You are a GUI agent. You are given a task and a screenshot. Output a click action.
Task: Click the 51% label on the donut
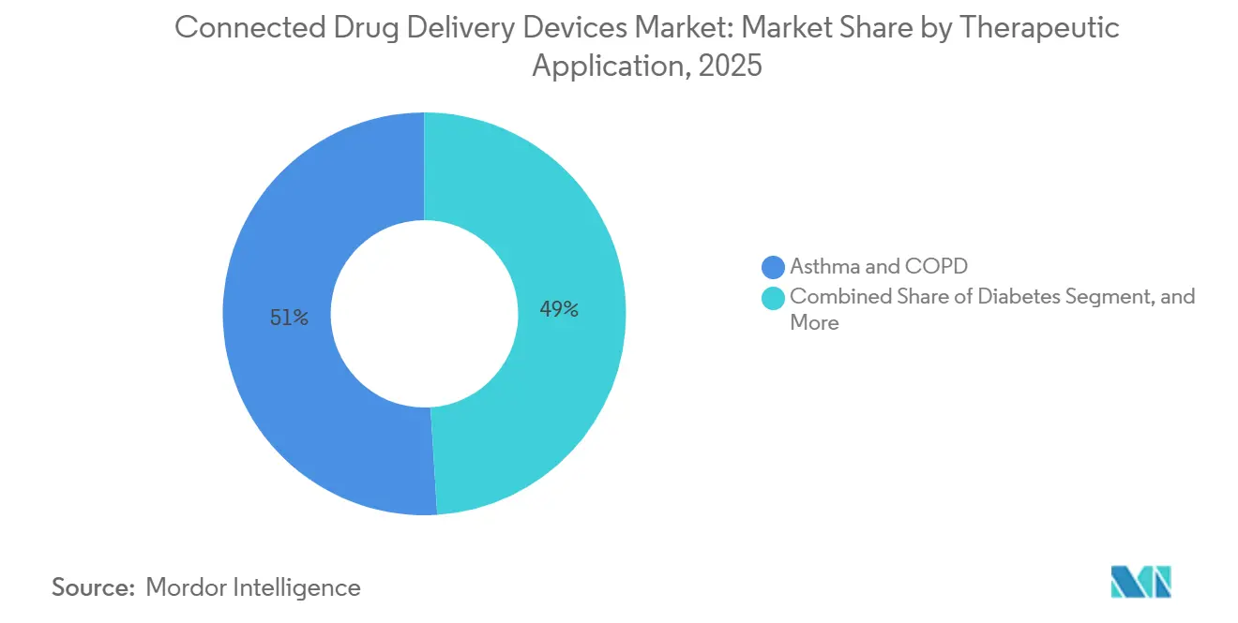pyautogui.click(x=289, y=318)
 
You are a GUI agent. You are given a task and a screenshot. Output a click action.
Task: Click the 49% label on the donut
pyautogui.click(x=559, y=309)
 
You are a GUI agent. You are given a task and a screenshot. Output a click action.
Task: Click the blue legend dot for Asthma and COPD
pyautogui.click(x=774, y=267)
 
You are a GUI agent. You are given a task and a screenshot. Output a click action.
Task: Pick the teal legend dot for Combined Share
pyautogui.click(x=774, y=297)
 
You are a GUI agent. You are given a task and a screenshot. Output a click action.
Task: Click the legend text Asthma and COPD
pyautogui.click(x=878, y=267)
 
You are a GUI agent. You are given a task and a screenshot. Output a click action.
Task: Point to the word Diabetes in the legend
pyautogui.click(x=1013, y=297)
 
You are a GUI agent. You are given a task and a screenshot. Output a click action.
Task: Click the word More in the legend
pyautogui.click(x=814, y=323)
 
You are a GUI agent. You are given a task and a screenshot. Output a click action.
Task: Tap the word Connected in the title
pyautogui.click(x=250, y=28)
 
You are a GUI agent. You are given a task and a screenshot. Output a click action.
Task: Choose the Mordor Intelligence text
pyautogui.click(x=253, y=587)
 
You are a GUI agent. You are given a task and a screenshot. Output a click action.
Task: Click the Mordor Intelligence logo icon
pyautogui.click(x=1140, y=582)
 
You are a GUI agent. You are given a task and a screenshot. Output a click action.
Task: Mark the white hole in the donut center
pyautogui.click(x=424, y=314)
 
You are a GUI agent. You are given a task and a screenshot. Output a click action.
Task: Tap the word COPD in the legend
pyautogui.click(x=934, y=267)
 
